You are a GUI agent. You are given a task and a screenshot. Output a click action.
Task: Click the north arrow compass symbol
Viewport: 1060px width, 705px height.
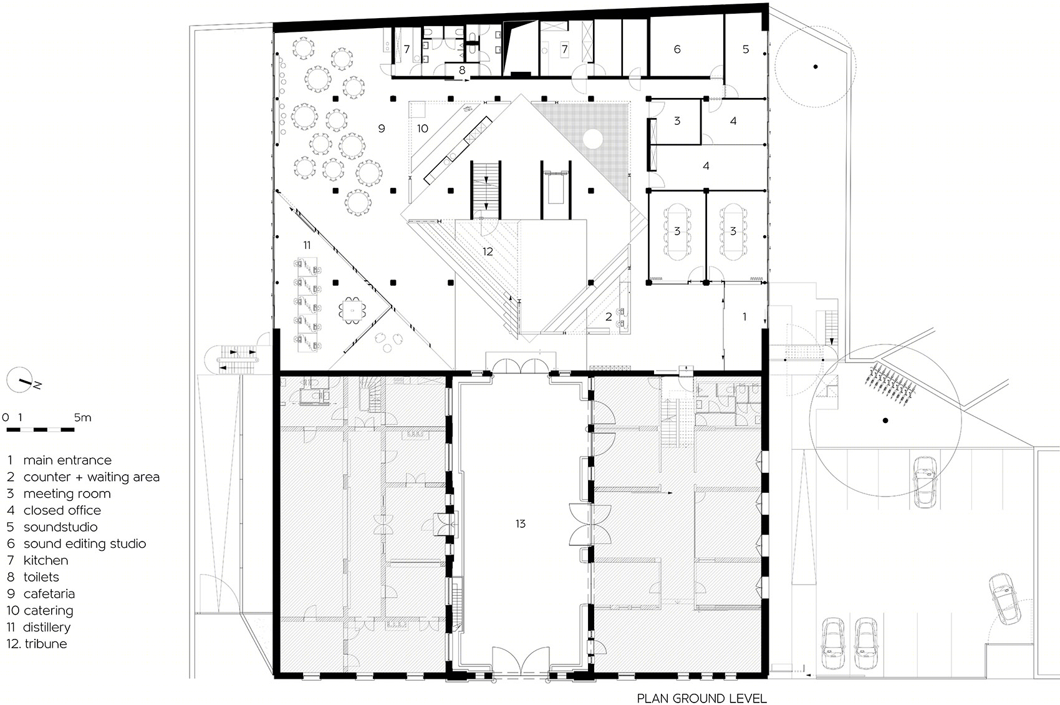click(x=20, y=380)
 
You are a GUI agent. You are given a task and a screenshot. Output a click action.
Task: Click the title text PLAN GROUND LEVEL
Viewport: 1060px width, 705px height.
click(x=701, y=698)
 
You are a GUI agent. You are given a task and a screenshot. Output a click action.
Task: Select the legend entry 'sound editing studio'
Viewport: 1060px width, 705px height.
click(x=76, y=543)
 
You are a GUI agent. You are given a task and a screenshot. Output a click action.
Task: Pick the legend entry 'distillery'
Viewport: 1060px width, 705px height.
click(x=39, y=628)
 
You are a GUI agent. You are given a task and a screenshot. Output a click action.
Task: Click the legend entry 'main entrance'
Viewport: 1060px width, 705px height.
click(x=60, y=460)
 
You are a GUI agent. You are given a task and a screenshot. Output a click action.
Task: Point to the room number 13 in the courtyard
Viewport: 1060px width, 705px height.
click(x=521, y=523)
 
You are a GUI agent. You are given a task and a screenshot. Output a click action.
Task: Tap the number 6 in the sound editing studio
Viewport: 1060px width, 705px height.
click(x=677, y=49)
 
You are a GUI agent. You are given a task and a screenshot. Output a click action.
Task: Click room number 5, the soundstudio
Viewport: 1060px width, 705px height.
click(x=746, y=49)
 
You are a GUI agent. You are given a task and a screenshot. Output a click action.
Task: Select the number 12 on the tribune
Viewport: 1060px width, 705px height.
click(x=488, y=251)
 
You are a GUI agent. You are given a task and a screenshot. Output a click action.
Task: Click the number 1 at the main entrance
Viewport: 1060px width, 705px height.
click(x=744, y=316)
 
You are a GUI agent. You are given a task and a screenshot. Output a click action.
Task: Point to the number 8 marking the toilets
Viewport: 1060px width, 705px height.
click(x=462, y=70)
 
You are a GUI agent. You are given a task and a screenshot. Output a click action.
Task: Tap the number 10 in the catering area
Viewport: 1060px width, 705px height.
click(x=423, y=129)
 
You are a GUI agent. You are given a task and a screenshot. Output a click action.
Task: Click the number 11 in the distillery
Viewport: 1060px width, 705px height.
click(x=307, y=245)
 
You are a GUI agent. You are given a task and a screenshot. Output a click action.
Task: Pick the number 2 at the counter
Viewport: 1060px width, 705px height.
click(x=609, y=316)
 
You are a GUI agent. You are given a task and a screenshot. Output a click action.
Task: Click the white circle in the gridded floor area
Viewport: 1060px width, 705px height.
click(x=592, y=139)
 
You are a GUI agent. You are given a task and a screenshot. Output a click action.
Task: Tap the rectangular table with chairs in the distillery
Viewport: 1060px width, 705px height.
click(x=352, y=311)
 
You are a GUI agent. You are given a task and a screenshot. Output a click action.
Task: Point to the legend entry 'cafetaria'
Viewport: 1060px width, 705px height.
click(x=41, y=594)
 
